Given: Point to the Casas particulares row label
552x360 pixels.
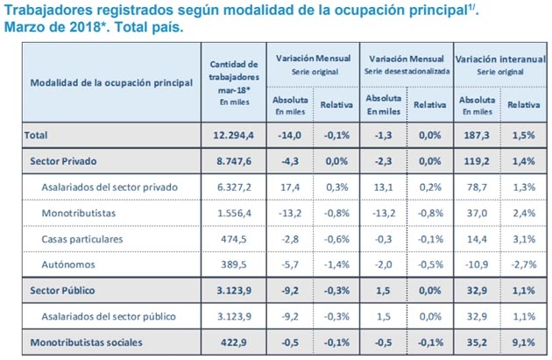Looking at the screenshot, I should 84,238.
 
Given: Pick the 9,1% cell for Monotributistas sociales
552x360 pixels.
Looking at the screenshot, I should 522,342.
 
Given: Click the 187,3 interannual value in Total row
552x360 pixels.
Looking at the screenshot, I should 476,136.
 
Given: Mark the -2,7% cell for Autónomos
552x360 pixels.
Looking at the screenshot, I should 522,264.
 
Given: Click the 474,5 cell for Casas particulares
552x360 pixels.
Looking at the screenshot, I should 234,238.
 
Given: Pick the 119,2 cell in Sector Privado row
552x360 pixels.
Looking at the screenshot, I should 476,162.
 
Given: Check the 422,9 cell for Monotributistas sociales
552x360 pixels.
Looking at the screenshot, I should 234,342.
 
